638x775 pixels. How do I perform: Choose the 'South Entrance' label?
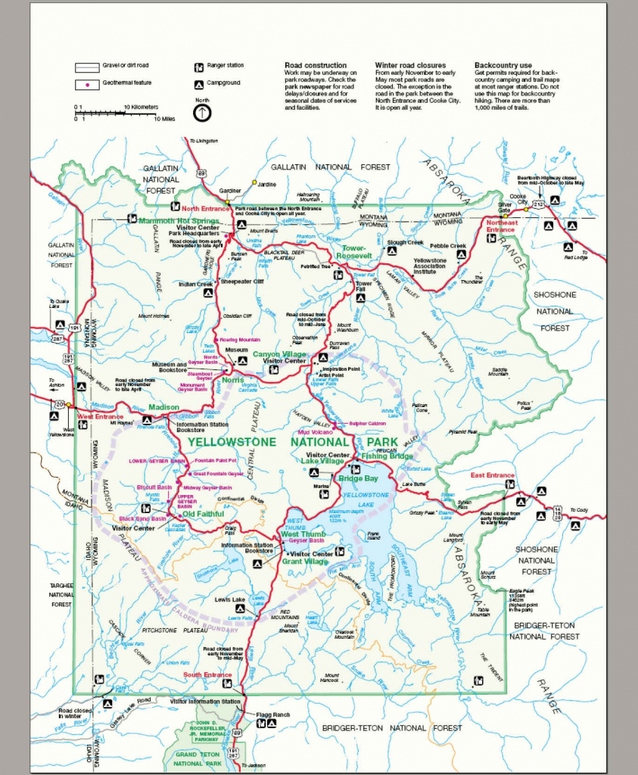pyautogui.click(x=208, y=674)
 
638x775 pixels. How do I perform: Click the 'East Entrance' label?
pyautogui.click(x=492, y=475)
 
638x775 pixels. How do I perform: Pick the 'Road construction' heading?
pyautogui.click(x=316, y=66)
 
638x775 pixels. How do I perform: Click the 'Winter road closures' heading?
pyautogui.click(x=410, y=66)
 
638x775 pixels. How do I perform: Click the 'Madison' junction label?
pyautogui.click(x=163, y=407)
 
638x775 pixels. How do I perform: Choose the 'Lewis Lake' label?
pyautogui.click(x=229, y=600)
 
